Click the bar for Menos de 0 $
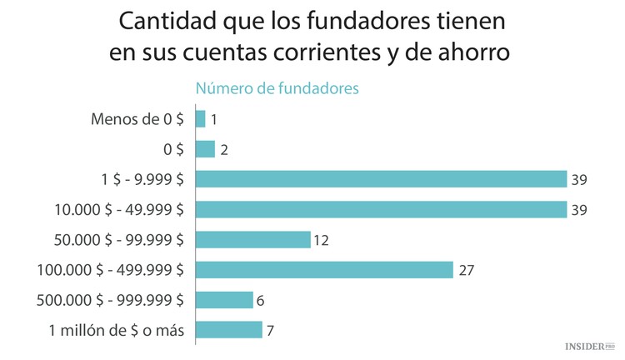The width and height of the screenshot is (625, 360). pos(200,119)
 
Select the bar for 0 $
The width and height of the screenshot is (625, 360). pos(205,149)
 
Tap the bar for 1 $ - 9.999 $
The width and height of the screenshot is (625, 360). pos(381,179)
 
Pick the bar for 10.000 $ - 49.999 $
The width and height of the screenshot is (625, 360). pos(381,209)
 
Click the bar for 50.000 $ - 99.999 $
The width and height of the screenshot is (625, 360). pos(252,239)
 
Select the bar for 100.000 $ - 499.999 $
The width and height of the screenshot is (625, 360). pos(324,269)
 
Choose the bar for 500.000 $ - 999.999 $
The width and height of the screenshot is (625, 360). pos(224,299)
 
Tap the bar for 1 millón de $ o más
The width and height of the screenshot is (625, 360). pos(228,329)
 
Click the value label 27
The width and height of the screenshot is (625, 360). pos(466,270)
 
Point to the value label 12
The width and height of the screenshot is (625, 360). pos(322,240)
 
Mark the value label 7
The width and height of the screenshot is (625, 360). pos(270,330)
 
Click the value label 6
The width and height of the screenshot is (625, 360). pos(261,300)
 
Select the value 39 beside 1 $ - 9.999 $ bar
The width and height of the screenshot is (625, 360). pos(580,180)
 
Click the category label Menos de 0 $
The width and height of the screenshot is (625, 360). pos(137,119)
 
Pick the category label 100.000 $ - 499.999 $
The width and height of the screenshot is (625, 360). pos(110,269)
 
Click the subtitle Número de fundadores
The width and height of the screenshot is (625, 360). pos(277,87)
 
